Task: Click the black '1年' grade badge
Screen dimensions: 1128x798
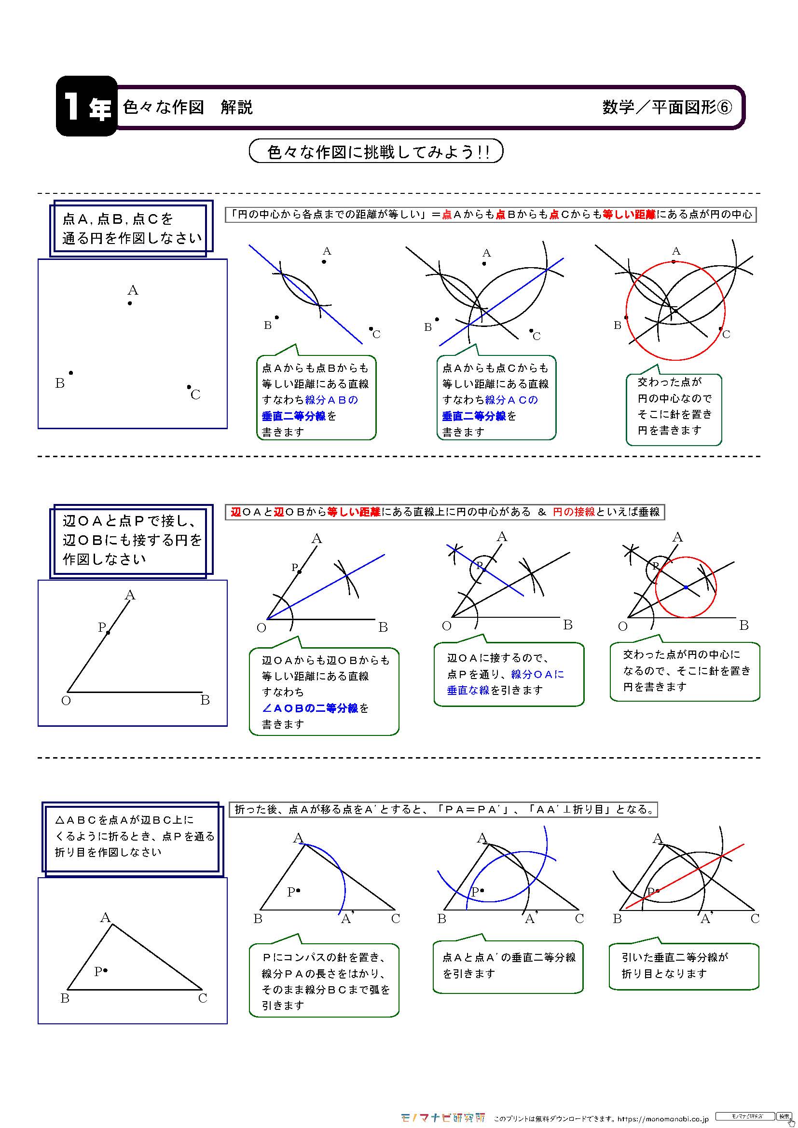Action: pyautogui.click(x=86, y=106)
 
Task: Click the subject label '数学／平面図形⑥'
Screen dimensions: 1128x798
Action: pyautogui.click(x=666, y=107)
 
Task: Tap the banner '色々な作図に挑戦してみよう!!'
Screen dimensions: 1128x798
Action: pyautogui.click(x=376, y=151)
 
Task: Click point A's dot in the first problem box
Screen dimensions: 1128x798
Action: pyautogui.click(x=130, y=303)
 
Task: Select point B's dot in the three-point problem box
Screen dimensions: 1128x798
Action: pyautogui.click(x=71, y=373)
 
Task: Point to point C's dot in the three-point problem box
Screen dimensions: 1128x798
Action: pyautogui.click(x=189, y=387)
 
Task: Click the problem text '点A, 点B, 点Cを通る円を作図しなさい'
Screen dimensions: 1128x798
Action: pyautogui.click(x=132, y=229)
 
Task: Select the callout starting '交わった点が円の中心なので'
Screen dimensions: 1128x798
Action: pyautogui.click(x=674, y=406)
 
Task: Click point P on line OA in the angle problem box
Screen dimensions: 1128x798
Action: pyautogui.click(x=108, y=632)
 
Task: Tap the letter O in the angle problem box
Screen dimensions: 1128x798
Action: pyautogui.click(x=66, y=701)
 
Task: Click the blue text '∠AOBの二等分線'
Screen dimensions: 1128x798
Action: pyautogui.click(x=310, y=708)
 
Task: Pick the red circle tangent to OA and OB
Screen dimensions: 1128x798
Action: pyautogui.click(x=716, y=587)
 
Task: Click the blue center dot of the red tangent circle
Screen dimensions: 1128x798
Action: pyautogui.click(x=686, y=587)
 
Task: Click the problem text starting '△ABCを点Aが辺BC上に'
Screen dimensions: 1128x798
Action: pyautogui.click(x=133, y=836)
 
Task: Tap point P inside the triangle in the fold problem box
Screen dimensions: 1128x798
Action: pyautogui.click(x=106, y=970)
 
